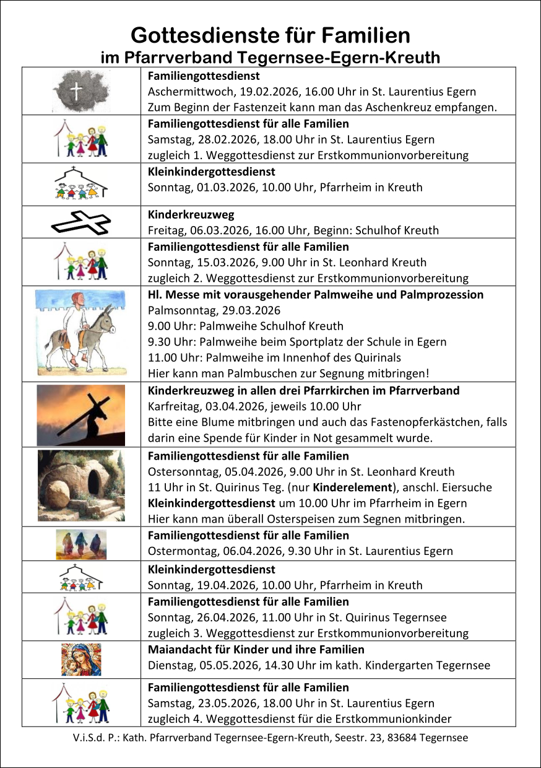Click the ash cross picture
click(81, 91)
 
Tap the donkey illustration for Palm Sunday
click(81, 333)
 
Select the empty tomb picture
click(81, 486)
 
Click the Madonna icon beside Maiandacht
click(81, 660)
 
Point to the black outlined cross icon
click(81, 222)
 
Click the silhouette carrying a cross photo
click(81, 415)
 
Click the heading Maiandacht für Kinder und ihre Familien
click(256, 650)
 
